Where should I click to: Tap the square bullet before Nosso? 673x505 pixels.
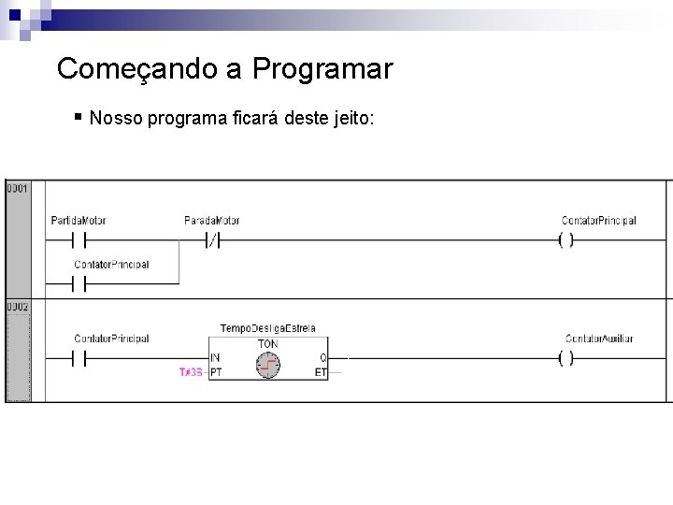tap(79, 117)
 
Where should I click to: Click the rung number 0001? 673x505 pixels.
tap(18, 188)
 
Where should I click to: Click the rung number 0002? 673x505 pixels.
tap(18, 307)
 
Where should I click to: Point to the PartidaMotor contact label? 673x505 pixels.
tap(79, 221)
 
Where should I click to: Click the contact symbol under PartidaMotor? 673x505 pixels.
tap(79, 240)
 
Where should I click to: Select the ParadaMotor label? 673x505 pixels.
tap(212, 221)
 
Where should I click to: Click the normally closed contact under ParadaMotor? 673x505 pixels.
tap(212, 240)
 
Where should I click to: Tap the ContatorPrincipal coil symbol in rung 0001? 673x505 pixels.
tap(566, 240)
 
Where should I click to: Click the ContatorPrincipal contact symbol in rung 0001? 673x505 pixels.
tap(79, 281)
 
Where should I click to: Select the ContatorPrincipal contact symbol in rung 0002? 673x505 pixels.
tap(79, 358)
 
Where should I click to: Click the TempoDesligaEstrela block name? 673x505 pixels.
tap(267, 328)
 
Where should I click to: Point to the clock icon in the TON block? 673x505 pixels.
tap(268, 364)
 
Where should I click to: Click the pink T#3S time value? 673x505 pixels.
tap(191, 371)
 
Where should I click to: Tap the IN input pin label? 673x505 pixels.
tap(215, 357)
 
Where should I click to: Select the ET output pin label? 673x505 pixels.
tap(321, 371)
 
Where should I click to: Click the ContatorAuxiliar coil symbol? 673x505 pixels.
tap(566, 358)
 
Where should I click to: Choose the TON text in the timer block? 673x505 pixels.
tap(267, 343)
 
